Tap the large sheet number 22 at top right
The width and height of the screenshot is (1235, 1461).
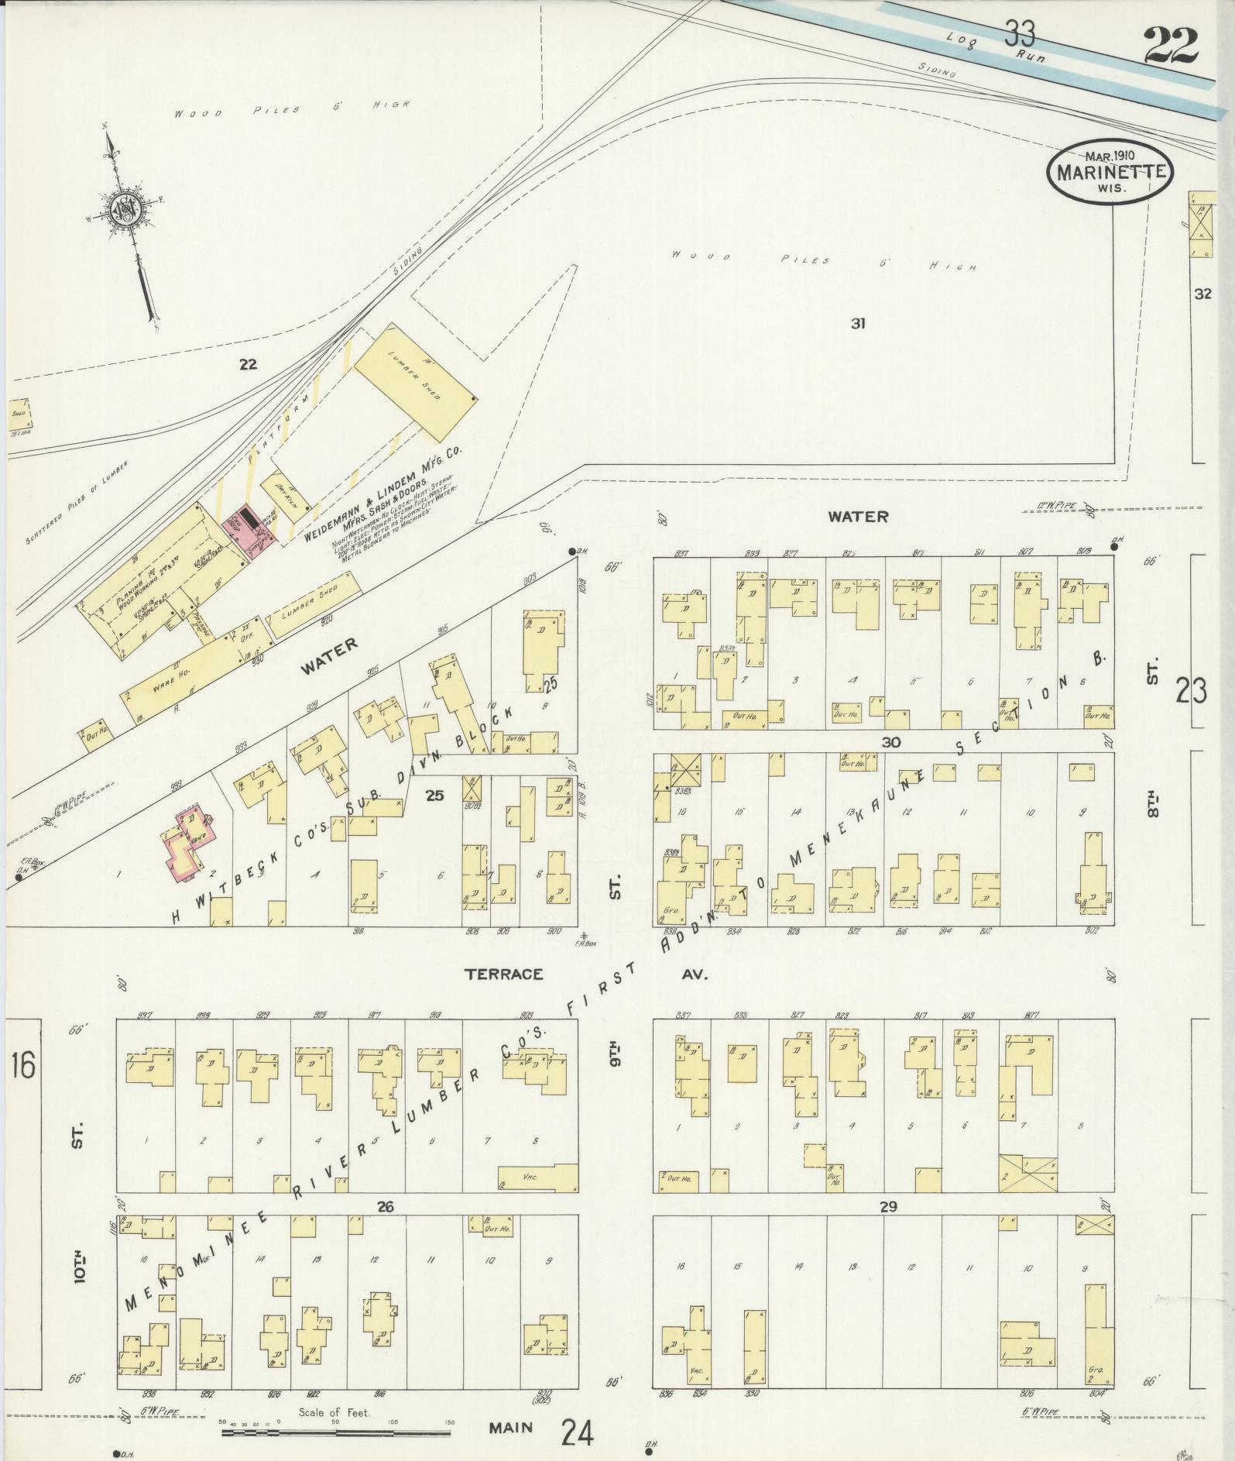coord(1170,46)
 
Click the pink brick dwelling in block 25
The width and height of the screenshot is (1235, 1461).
coord(186,845)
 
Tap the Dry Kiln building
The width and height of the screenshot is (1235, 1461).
coord(283,490)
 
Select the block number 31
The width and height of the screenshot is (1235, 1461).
coord(857,324)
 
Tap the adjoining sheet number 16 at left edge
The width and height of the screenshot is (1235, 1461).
coord(22,1066)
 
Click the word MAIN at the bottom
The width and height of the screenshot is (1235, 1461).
coord(512,1427)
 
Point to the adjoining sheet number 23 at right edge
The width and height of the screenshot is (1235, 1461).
coord(1191,689)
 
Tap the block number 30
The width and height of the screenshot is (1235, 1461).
coord(890,742)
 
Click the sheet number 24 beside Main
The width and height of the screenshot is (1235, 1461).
coord(576,1429)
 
